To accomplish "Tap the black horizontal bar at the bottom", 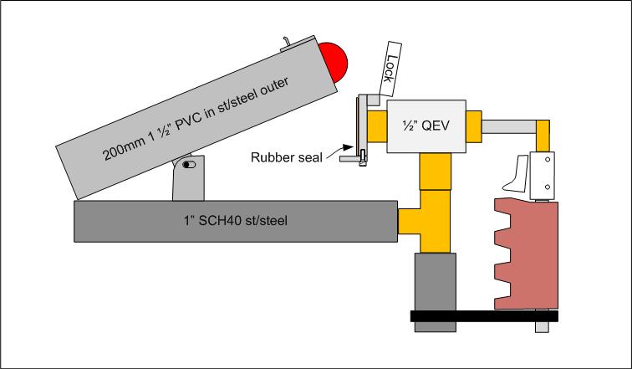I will [485, 315].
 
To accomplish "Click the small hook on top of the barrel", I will [285, 40].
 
